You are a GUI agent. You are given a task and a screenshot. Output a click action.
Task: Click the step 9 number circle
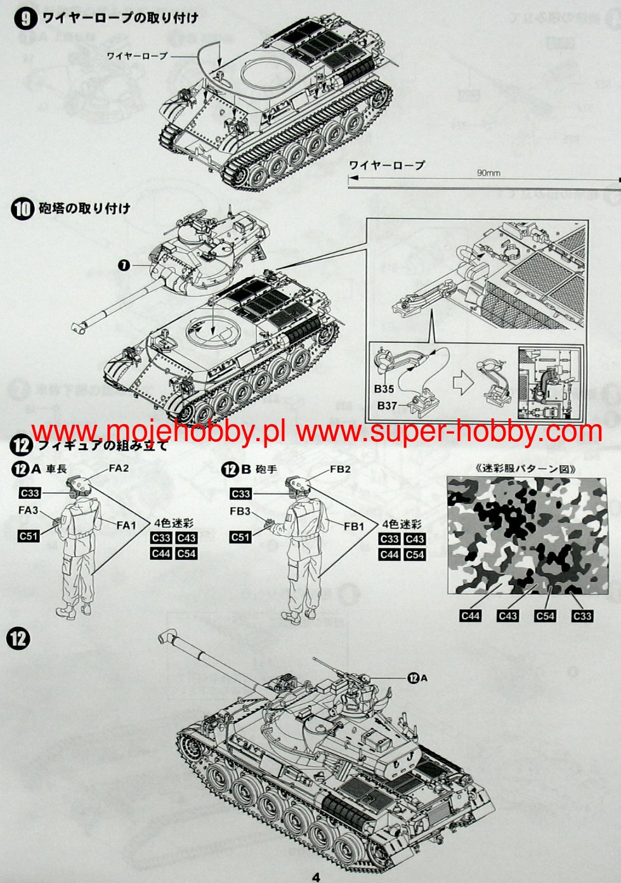25,19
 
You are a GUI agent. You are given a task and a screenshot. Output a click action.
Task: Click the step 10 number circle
22,209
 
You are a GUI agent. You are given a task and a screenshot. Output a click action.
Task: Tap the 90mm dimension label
488,172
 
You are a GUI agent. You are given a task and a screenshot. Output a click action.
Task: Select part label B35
384,389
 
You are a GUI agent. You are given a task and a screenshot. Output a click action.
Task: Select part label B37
387,405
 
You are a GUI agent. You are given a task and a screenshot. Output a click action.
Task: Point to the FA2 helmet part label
119,468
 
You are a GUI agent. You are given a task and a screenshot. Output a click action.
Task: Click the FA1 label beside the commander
126,525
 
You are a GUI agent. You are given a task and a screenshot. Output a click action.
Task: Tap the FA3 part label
28,510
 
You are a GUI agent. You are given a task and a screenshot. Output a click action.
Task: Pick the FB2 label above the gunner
340,469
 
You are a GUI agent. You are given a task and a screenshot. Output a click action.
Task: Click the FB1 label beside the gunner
354,526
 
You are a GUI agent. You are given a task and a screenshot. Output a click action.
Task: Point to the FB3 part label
240,511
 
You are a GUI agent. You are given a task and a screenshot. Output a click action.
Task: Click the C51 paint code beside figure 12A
29,536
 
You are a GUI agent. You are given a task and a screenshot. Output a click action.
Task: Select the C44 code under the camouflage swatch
471,616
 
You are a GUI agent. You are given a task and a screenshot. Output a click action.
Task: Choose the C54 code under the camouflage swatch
546,616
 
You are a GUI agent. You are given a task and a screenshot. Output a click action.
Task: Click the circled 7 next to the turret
124,266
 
